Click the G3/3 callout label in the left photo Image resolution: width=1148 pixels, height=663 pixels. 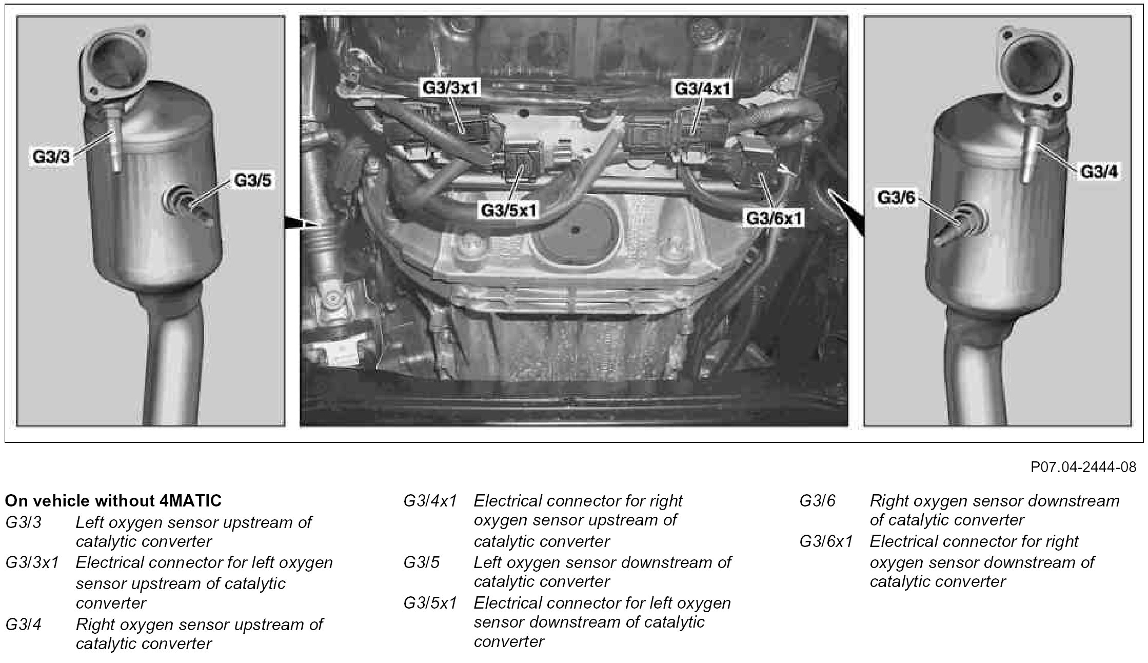click(x=50, y=157)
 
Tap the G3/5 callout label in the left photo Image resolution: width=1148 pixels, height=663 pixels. click(x=253, y=180)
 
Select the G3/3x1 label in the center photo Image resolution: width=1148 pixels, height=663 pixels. click(x=450, y=88)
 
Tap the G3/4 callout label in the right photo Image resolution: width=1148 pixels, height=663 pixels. click(x=1099, y=171)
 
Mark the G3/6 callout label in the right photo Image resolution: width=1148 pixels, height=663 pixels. click(x=896, y=198)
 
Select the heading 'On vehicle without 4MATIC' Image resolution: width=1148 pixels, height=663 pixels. click(x=113, y=500)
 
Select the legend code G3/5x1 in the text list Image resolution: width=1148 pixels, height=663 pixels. click(x=430, y=603)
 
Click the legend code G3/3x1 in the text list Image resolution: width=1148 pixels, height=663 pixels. click(x=32, y=563)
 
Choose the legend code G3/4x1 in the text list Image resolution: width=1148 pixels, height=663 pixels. click(x=430, y=501)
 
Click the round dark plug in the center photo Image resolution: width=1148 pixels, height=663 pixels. click(x=576, y=230)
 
